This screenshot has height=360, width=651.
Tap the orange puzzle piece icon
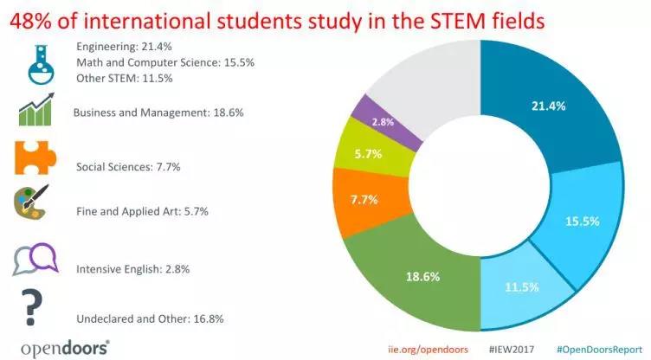(35, 158)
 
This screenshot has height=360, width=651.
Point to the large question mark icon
(33, 305)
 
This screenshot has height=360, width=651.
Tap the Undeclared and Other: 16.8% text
(150, 318)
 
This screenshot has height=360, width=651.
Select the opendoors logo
(65, 347)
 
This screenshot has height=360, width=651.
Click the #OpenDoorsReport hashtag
(593, 348)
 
